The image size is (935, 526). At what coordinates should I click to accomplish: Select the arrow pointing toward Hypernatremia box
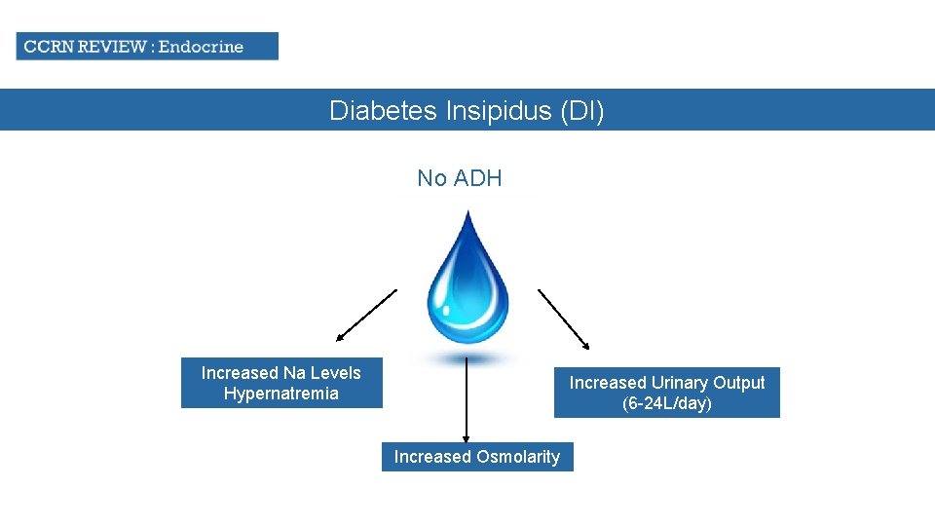pyautogui.click(x=367, y=315)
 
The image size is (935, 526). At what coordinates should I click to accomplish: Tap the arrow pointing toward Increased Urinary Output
pyautogui.click(x=564, y=319)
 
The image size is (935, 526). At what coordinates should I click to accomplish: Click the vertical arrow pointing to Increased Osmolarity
pyautogui.click(x=467, y=399)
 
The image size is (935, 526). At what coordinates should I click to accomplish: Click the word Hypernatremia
pyautogui.click(x=281, y=394)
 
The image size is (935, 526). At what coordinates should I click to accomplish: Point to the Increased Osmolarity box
pyautogui.click(x=477, y=457)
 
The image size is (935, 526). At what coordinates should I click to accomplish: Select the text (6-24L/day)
pyautogui.click(x=667, y=403)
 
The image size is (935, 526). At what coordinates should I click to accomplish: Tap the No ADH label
pyautogui.click(x=460, y=178)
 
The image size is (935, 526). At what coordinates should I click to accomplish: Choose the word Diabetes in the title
pyautogui.click(x=384, y=111)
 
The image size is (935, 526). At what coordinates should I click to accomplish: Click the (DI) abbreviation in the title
pyautogui.click(x=581, y=111)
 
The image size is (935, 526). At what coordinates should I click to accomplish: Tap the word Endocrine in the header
pyautogui.click(x=201, y=46)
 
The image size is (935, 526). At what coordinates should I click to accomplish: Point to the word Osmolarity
pyautogui.click(x=518, y=457)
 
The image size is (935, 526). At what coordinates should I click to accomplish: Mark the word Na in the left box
pyautogui.click(x=294, y=373)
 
